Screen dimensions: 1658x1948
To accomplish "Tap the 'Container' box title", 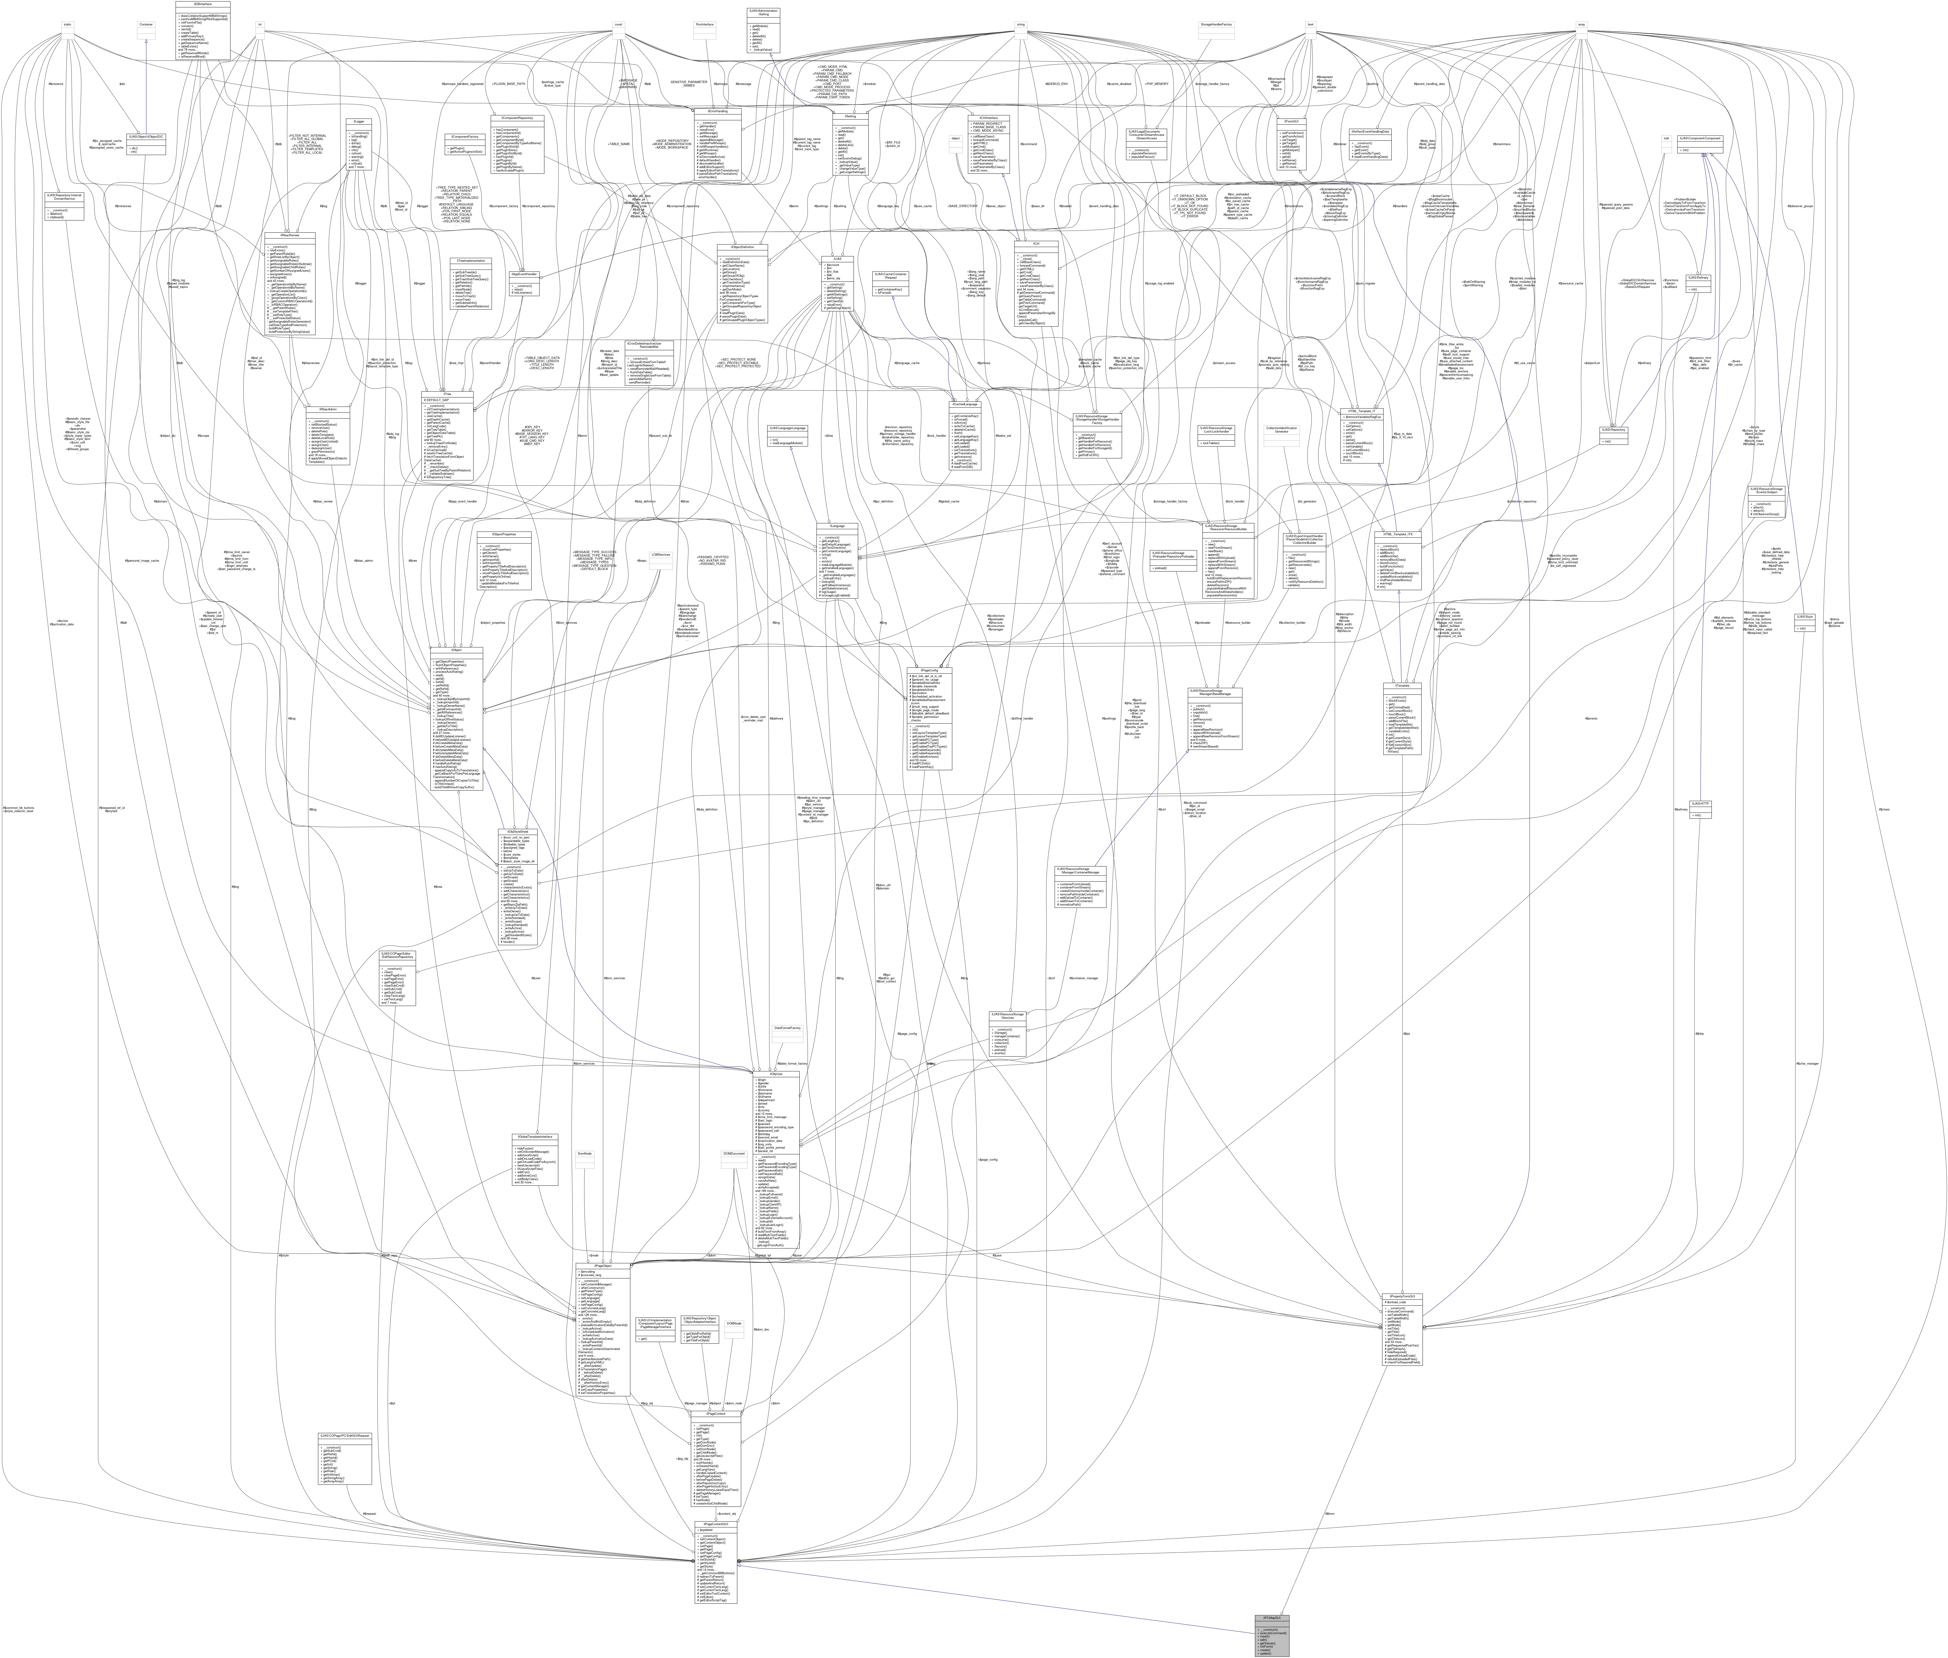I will point(146,25).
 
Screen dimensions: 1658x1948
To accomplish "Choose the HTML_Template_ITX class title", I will point(1397,534).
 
